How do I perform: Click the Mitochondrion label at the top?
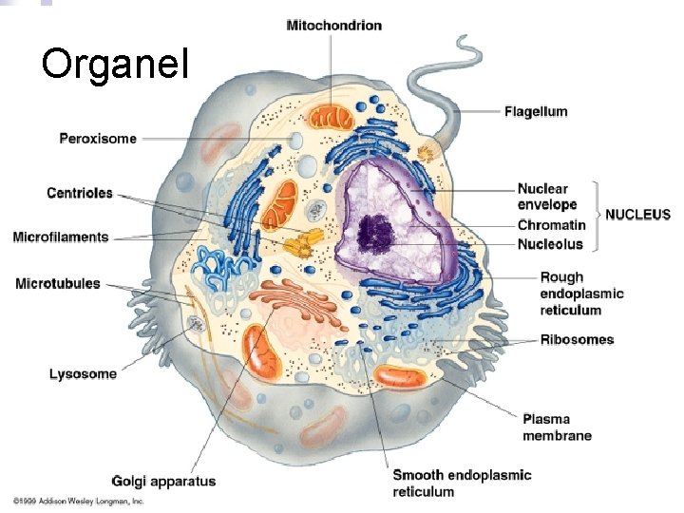tap(333, 25)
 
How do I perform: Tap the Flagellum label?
tap(536, 111)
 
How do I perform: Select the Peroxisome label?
tap(98, 139)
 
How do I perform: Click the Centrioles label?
tap(80, 193)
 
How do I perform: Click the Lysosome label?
tap(83, 373)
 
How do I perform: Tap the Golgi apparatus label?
tap(163, 481)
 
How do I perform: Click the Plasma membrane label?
tap(557, 427)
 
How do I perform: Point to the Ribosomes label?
tap(577, 339)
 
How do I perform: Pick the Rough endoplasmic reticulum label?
tap(581, 294)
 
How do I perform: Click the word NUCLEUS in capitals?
tap(638, 215)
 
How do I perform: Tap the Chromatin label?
tap(551, 225)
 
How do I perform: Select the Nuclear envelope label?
tap(547, 197)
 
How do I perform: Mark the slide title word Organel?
tap(115, 64)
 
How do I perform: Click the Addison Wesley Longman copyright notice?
tap(78, 500)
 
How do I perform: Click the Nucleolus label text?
tap(550, 244)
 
